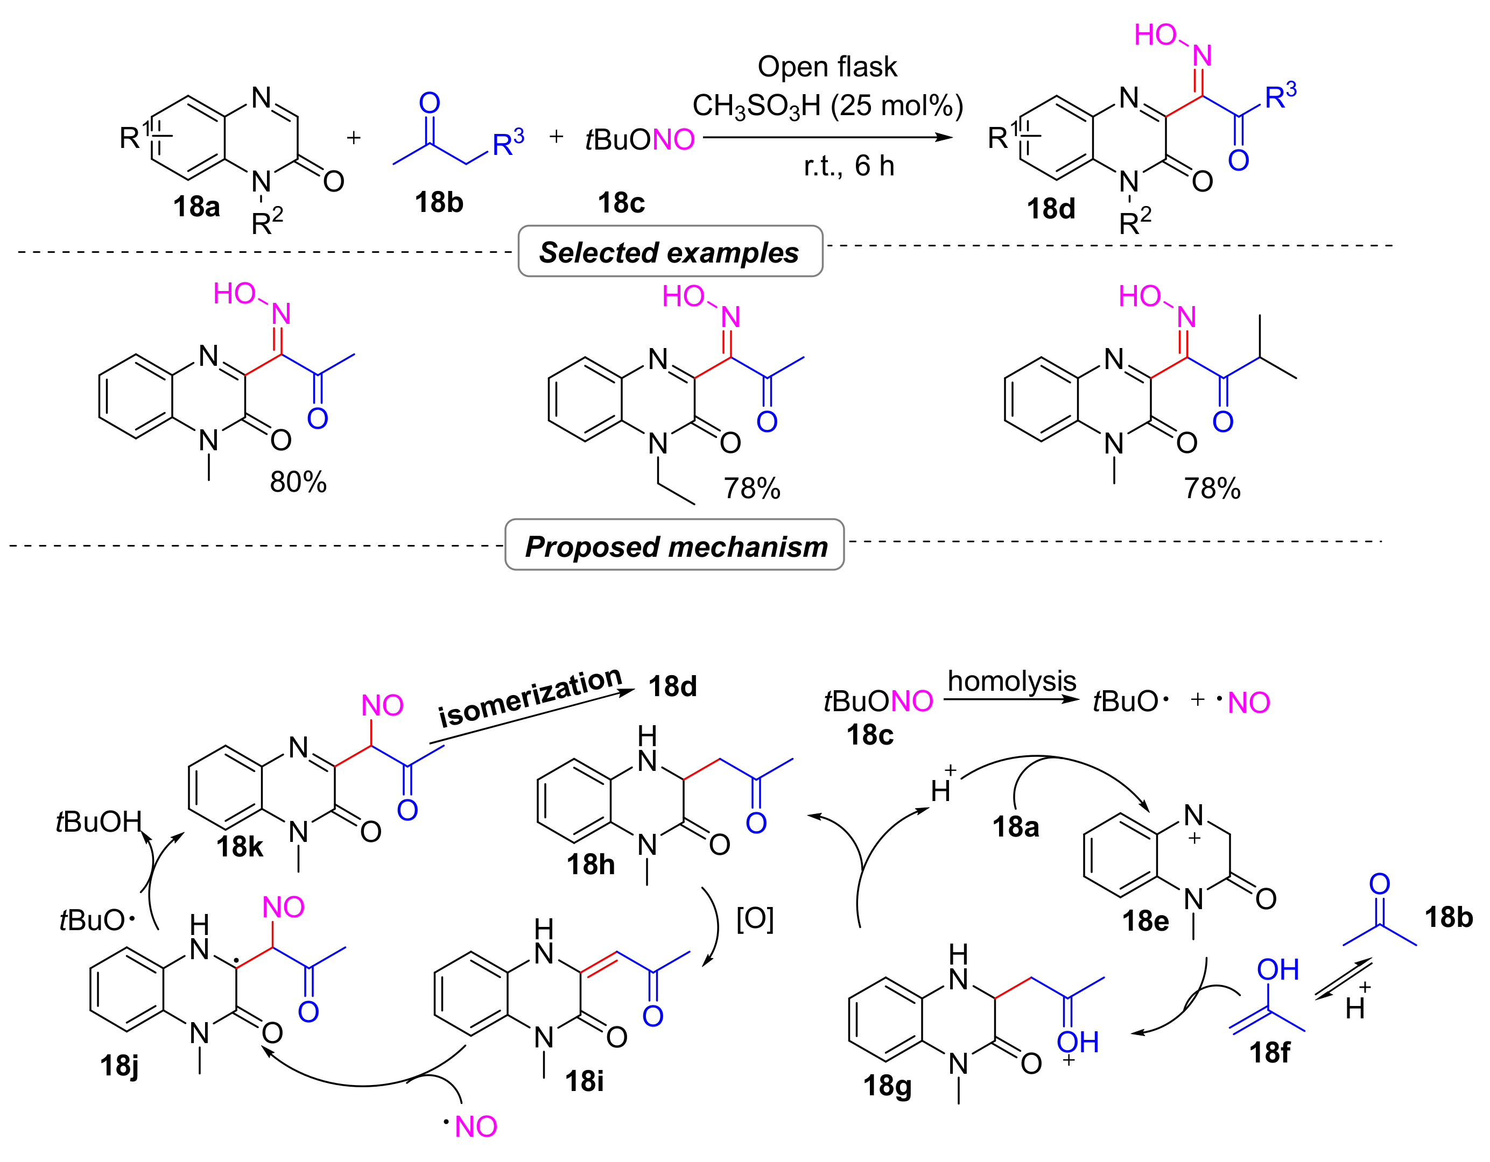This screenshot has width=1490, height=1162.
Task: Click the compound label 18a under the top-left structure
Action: [x=196, y=207]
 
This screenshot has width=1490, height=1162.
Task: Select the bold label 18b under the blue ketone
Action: [x=439, y=202]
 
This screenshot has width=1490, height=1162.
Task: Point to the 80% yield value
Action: [x=298, y=482]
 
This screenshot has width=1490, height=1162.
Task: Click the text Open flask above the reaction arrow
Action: [x=827, y=67]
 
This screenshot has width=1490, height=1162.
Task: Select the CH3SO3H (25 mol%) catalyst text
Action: [x=827, y=105]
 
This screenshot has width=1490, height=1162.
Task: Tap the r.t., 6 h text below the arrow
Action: [x=849, y=166]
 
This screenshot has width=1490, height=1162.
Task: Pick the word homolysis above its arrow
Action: [x=1012, y=681]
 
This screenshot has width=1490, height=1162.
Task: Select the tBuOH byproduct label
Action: [x=99, y=821]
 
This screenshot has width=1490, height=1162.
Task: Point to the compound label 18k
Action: [x=240, y=847]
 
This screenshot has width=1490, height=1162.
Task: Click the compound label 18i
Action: [x=584, y=1081]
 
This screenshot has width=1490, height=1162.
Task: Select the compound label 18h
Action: [x=591, y=865]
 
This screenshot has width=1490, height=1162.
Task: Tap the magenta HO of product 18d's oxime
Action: [x=1155, y=36]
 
